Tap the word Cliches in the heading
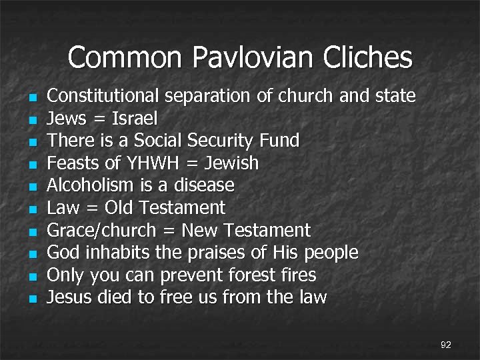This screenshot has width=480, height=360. click(368, 58)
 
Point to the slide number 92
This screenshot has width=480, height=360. click(446, 345)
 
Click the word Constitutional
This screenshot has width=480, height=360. click(103, 97)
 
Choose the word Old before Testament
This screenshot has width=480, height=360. click(119, 208)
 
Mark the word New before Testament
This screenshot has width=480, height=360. click(201, 231)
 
